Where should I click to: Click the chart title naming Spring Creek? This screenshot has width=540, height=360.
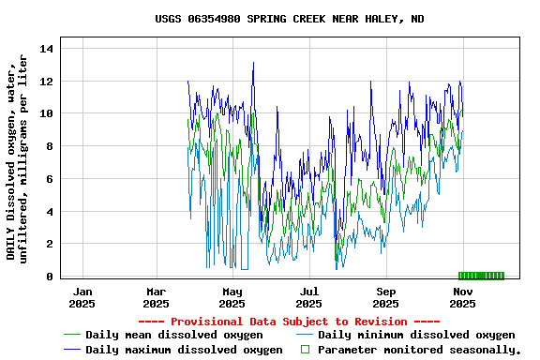pyautogui.click(x=289, y=19)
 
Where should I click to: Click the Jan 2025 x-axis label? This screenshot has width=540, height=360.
pyautogui.click(x=82, y=297)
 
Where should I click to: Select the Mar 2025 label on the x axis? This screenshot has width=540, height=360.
pyautogui.click(x=156, y=297)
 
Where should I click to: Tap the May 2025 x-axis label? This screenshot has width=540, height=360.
pyautogui.click(x=232, y=297)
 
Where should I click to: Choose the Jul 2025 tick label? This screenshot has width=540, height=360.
pyautogui.click(x=308, y=297)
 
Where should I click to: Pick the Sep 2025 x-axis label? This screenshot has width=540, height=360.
pyautogui.click(x=385, y=297)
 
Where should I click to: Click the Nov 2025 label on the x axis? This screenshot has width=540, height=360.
pyautogui.click(x=462, y=297)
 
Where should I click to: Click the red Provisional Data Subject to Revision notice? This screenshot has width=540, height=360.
pyautogui.click(x=289, y=322)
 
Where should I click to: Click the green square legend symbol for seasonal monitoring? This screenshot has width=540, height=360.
pyautogui.click(x=304, y=350)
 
